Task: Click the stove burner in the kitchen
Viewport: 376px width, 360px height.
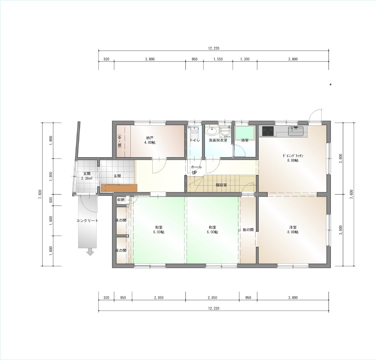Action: coord(268,131)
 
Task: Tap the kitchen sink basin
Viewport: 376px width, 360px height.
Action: coord(296,131)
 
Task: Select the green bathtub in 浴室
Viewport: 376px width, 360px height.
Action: coord(244,133)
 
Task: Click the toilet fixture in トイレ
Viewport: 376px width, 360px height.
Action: coord(194,131)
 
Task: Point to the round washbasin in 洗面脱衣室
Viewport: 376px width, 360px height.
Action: coord(212,131)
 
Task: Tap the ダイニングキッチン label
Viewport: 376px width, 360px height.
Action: coord(293,156)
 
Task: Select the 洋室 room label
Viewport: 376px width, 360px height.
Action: coord(293,227)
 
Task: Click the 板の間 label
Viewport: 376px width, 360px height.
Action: coord(248,230)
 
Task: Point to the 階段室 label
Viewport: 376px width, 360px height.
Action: coord(221,185)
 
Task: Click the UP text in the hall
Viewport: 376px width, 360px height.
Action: coord(194,172)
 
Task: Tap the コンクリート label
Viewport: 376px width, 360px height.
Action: coord(87,221)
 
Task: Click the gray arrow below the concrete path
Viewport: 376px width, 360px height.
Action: coord(90,252)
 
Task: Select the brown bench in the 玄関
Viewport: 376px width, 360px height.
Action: coord(119,188)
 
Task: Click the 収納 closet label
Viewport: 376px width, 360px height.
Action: coord(121,199)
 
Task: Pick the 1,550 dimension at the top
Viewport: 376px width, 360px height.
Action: coord(218,59)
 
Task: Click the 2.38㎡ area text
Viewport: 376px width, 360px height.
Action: coord(87,178)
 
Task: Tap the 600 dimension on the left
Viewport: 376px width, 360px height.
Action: coord(51,200)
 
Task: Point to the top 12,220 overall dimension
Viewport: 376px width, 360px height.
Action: coord(213,48)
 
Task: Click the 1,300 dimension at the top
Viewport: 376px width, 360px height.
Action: coord(245,59)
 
